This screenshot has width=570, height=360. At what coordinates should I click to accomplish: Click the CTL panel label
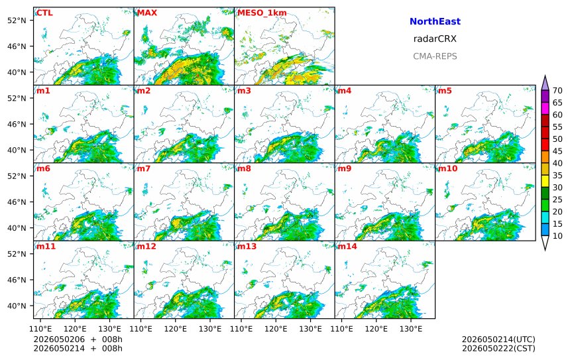click(44, 13)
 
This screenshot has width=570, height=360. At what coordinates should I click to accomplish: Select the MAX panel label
click(147, 13)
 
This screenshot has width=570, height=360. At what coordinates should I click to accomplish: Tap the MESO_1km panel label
click(262, 13)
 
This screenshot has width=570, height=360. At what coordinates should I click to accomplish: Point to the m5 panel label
click(445, 91)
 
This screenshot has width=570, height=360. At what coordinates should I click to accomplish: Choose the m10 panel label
click(447, 168)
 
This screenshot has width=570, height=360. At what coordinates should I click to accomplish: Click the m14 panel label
click(347, 247)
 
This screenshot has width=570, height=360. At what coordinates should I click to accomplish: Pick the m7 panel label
click(144, 168)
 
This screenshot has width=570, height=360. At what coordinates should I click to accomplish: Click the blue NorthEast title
click(435, 21)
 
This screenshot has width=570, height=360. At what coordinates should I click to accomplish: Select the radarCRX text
click(435, 39)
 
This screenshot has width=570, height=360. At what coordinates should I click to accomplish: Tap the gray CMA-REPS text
click(435, 56)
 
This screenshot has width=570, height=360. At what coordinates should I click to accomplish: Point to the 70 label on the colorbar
click(557, 91)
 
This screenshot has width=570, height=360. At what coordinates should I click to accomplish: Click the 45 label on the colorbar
click(557, 151)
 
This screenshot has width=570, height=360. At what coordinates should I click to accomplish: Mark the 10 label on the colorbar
click(557, 236)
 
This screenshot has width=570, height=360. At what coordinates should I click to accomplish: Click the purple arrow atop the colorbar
click(545, 84)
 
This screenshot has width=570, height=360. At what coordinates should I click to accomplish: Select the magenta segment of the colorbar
click(545, 108)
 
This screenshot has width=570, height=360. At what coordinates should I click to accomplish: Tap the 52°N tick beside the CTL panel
click(17, 21)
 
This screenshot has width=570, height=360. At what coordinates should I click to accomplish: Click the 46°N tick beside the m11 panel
click(17, 280)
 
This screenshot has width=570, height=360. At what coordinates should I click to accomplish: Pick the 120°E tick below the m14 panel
click(376, 329)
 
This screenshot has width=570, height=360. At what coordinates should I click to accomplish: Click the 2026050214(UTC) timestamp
click(498, 339)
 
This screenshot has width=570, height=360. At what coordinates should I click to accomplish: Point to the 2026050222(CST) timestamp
click(498, 348)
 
